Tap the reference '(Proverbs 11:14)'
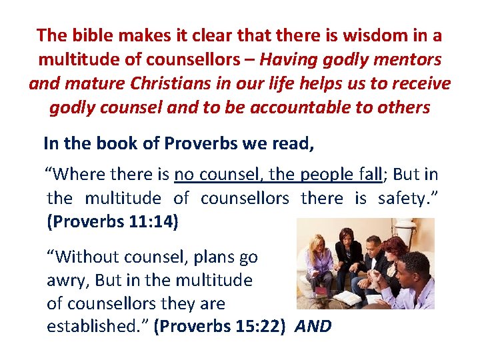113,222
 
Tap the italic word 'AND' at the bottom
313,327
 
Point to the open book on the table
347,297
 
